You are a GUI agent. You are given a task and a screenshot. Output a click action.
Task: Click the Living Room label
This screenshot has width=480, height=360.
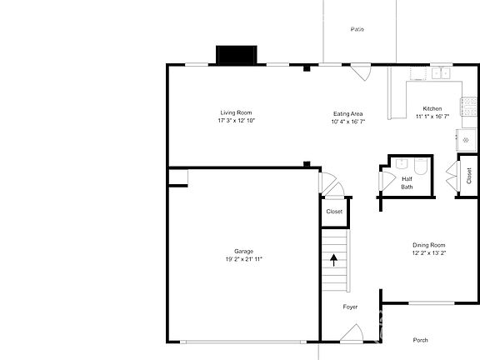236,112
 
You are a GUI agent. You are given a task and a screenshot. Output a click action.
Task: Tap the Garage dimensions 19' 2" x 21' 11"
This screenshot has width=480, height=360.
243,259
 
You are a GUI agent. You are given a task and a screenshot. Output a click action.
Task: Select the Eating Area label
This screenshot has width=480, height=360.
347,113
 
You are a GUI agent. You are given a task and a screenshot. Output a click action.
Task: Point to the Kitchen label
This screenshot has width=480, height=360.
432,109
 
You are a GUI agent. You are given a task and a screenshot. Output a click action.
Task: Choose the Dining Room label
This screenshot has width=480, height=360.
429,245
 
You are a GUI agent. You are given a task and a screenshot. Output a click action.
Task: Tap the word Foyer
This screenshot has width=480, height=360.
350,307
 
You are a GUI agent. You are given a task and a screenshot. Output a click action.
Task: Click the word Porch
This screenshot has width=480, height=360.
421,339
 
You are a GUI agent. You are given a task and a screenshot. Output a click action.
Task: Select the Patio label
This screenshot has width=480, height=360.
357,29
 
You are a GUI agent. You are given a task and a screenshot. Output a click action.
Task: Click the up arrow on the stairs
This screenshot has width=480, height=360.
334,259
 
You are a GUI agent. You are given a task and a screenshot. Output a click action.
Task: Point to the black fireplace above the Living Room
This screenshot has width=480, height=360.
240,55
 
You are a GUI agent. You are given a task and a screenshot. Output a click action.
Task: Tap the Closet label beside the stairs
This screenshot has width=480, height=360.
334,212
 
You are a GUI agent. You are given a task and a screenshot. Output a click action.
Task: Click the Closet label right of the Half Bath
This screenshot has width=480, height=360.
469,176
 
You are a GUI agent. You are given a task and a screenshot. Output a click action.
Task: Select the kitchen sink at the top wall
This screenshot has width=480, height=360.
440,73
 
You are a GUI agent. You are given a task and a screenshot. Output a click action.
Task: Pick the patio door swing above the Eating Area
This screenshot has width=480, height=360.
361,72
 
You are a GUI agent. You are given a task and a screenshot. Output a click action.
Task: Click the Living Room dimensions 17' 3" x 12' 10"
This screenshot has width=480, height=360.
236,121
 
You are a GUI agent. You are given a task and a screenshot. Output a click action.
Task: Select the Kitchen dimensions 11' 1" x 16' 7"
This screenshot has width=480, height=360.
432,117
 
